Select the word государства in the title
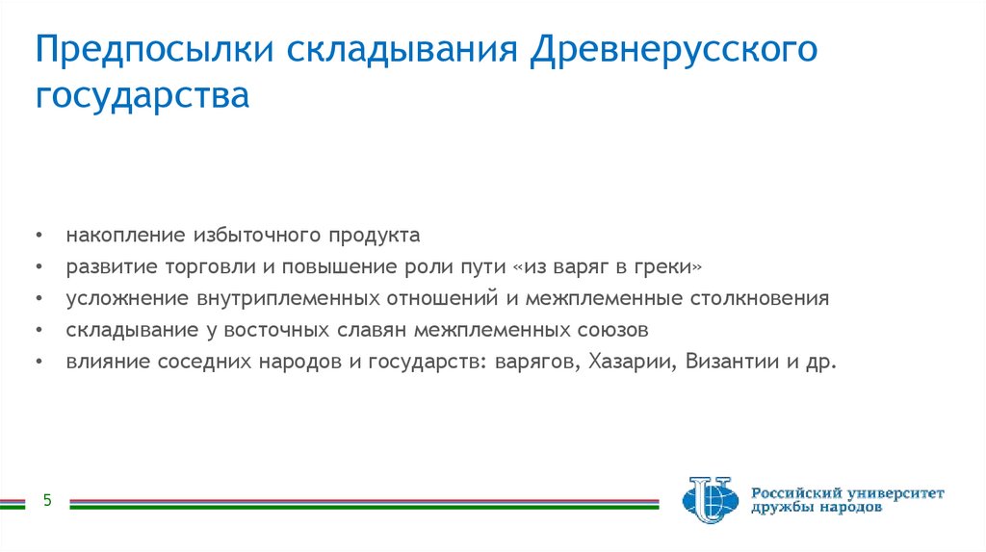coord(143,97)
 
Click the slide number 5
coord(45,500)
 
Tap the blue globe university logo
coord(710,499)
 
